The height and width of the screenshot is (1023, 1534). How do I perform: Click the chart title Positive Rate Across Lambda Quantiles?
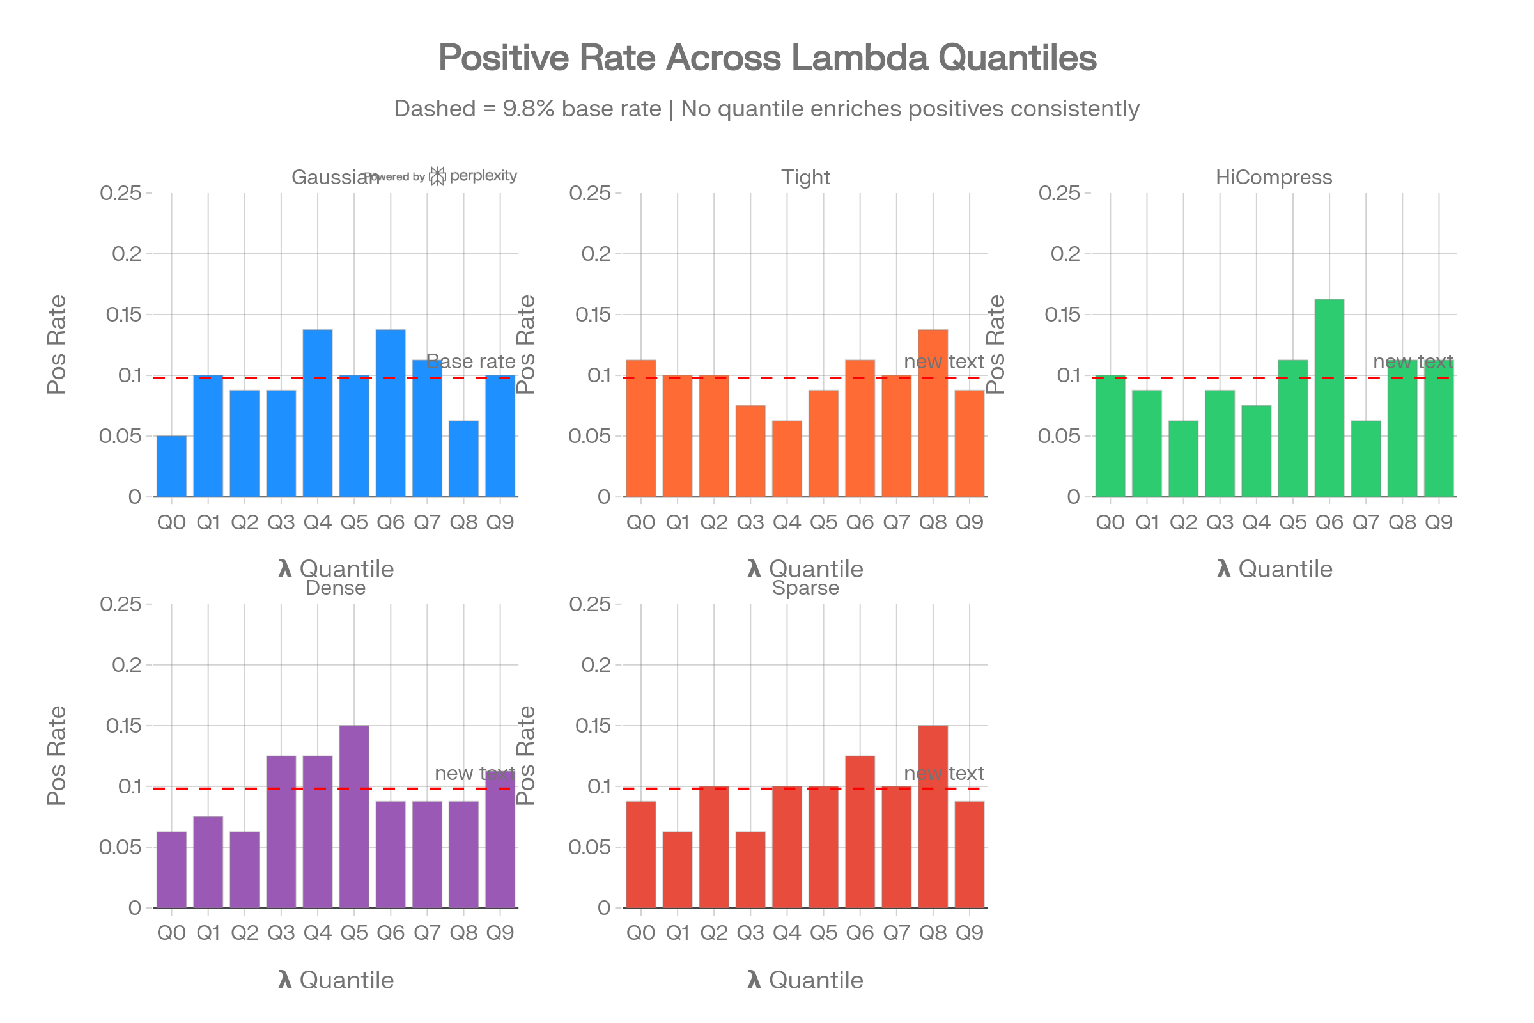point(767,58)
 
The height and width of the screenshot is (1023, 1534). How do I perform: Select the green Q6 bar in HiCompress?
point(1329,398)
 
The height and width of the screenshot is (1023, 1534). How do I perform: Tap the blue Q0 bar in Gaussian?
point(171,467)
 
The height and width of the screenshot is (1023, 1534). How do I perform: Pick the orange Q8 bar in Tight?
point(933,413)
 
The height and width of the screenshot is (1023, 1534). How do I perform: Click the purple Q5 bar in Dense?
point(354,816)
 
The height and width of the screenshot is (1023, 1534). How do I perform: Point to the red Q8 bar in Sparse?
point(933,816)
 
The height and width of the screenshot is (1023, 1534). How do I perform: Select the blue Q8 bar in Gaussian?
point(464,458)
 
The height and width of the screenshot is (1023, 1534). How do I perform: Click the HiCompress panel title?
point(1274,178)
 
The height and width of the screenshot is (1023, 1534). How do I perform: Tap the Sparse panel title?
point(805,588)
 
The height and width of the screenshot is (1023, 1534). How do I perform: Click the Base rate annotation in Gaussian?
point(471,361)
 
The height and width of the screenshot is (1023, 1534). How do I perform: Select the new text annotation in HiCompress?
point(1413,361)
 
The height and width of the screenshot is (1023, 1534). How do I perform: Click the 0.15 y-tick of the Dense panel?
point(123,726)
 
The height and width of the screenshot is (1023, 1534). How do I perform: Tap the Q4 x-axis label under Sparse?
point(787,933)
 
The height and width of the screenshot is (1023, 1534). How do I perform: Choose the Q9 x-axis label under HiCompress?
point(1438,522)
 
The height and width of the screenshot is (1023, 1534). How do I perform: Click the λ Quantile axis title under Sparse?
point(805,980)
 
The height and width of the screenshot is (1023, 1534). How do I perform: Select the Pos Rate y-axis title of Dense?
point(57,756)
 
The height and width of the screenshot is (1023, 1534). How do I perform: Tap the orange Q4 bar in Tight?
point(787,458)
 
